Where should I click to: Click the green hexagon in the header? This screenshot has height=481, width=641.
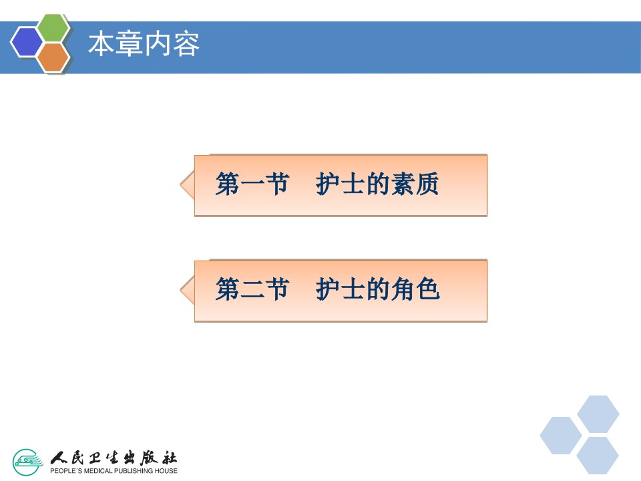pyautogui.click(x=54, y=28)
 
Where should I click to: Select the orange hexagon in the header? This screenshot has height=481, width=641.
pyautogui.click(x=53, y=57)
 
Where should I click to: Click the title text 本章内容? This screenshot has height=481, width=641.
pyautogui.click(x=144, y=44)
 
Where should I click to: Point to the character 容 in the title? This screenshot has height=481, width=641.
pyautogui.click(x=186, y=44)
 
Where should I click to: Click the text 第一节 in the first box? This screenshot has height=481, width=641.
pyautogui.click(x=252, y=184)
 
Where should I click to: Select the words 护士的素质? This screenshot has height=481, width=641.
pyautogui.click(x=377, y=184)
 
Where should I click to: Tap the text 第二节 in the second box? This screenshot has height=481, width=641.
pyautogui.click(x=252, y=289)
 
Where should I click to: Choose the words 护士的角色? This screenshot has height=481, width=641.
pyautogui.click(x=377, y=289)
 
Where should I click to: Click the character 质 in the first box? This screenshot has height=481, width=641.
pyautogui.click(x=427, y=184)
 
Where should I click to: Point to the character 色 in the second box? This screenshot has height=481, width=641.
pyautogui.click(x=427, y=289)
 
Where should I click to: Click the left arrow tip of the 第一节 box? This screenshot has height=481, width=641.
pyautogui.click(x=180, y=185)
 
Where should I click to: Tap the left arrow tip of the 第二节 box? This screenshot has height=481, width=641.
pyautogui.click(x=180, y=290)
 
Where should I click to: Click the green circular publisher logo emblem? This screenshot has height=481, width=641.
pyautogui.click(x=27, y=462)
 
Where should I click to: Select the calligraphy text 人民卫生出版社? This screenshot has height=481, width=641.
pyautogui.click(x=114, y=458)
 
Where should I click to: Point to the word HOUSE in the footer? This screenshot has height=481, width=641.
pyautogui.click(x=166, y=471)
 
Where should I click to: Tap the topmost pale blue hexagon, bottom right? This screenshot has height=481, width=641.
pyautogui.click(x=598, y=414)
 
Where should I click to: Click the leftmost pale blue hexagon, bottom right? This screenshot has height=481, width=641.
pyautogui.click(x=561, y=436)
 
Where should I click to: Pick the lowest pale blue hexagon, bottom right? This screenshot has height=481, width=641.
pyautogui.click(x=598, y=456)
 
